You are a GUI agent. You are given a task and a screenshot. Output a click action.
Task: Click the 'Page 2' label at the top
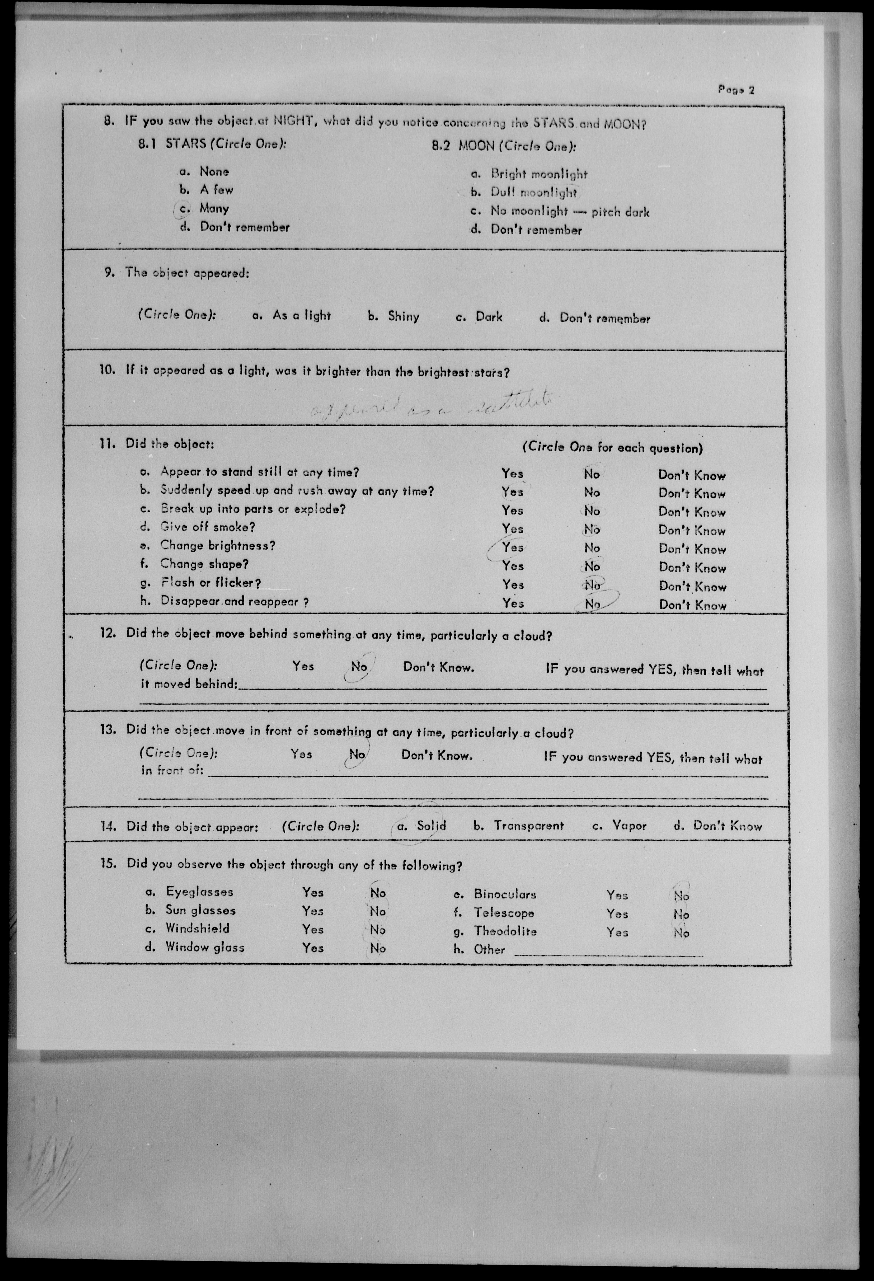pos(735,89)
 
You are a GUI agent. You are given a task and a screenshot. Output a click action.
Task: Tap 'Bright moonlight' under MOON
pos(539,174)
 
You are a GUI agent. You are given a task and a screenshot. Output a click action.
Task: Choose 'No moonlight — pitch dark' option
pos(570,211)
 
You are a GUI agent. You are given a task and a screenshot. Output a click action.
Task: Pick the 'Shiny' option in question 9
pos(403,316)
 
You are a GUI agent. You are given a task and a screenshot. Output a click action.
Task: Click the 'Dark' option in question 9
pos(489,317)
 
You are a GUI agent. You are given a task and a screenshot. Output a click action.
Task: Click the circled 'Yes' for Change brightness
pos(512,547)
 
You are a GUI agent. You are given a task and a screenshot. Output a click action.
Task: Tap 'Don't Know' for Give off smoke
pos(691,531)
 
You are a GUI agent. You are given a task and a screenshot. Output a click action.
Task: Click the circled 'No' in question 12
pos(359,667)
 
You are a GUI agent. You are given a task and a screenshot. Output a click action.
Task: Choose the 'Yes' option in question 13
pos(301,754)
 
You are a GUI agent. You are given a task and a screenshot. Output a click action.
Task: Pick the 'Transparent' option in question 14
pos(528,826)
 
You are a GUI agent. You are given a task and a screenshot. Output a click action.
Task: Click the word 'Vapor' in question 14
pos(629,826)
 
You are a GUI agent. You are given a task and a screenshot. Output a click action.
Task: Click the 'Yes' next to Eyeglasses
pos(313,892)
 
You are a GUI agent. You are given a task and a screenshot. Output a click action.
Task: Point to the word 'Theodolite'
pos(505,931)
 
